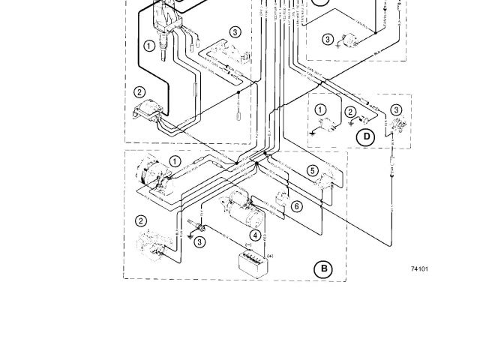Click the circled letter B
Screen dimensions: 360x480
[323, 268]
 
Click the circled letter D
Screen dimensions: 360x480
[367, 136]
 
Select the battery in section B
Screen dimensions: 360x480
[249, 263]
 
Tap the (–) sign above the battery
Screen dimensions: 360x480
[249, 244]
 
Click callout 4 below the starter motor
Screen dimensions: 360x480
[256, 235]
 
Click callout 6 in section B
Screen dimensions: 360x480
[297, 205]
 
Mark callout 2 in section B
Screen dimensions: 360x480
[140, 220]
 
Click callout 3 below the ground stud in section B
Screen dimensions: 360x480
[199, 241]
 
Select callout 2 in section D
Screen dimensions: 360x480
[350, 112]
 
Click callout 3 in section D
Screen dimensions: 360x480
[396, 109]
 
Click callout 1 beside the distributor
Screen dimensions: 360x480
[149, 46]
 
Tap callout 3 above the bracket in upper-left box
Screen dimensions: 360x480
[235, 32]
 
